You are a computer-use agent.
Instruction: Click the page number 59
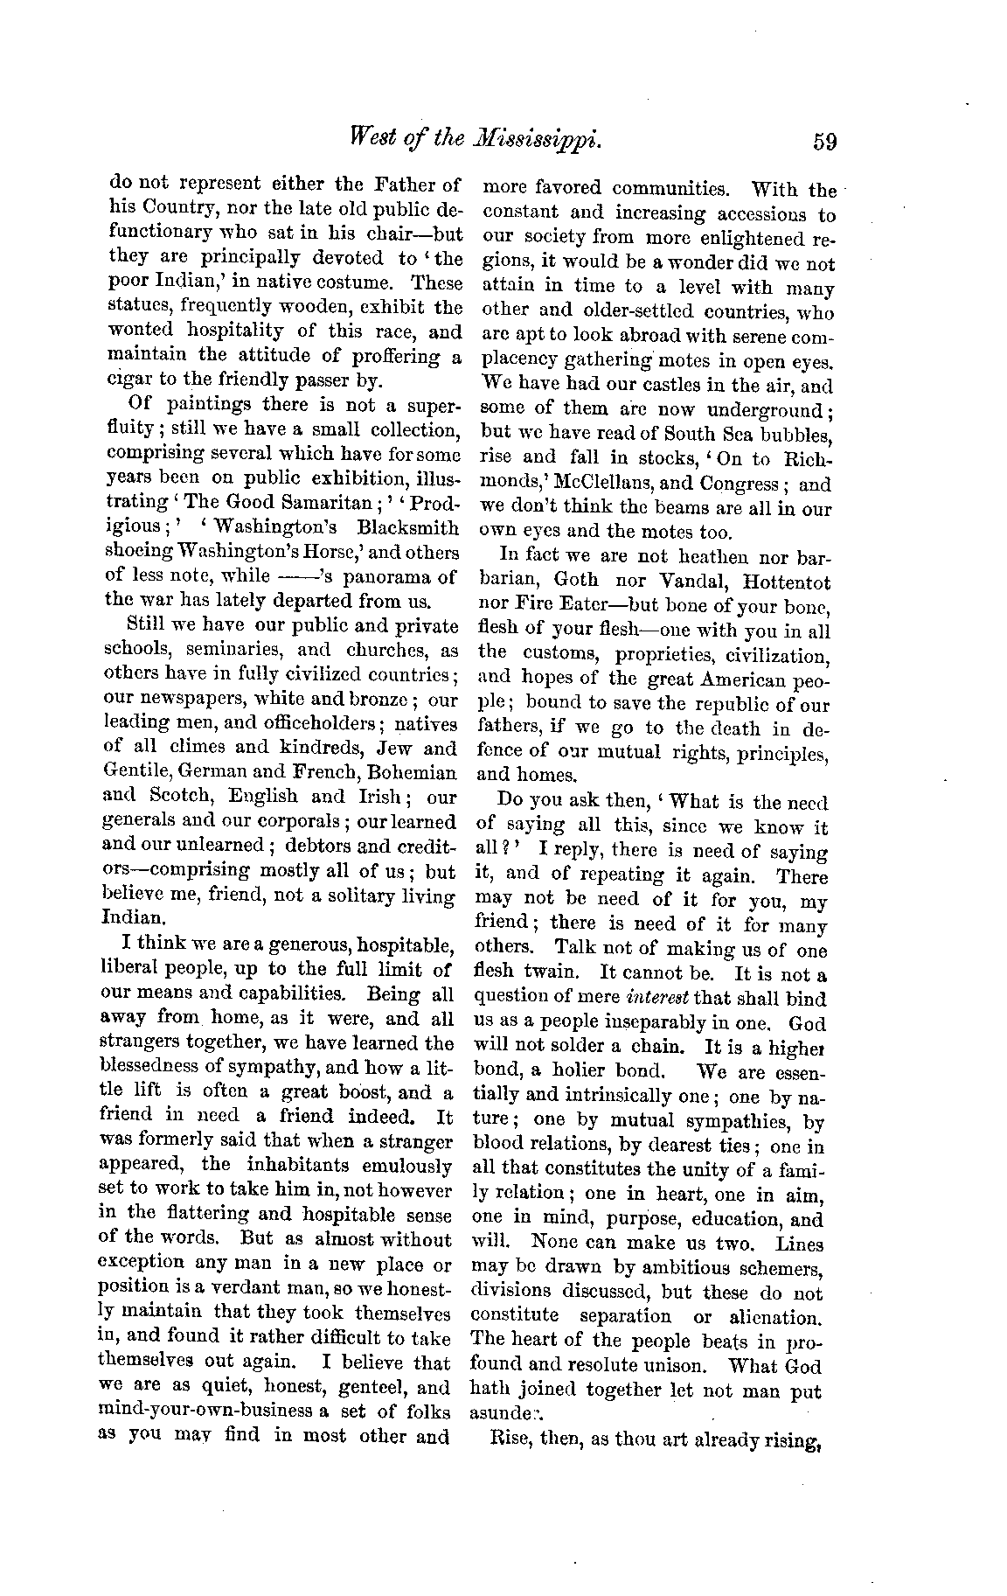(x=823, y=141)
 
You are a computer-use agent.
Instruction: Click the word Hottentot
(x=784, y=582)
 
